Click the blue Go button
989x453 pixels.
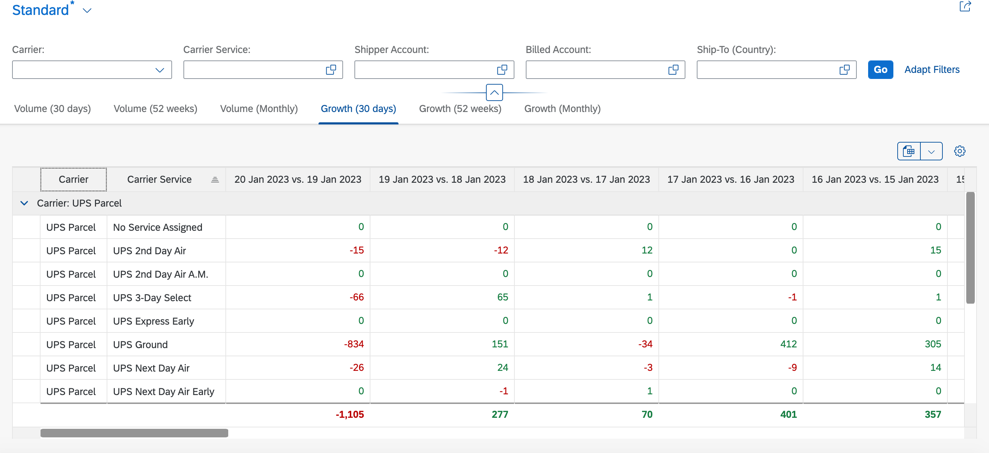pos(880,69)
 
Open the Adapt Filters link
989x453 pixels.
pos(932,69)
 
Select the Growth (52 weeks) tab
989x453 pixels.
pos(460,109)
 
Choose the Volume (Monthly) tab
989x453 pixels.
pos(259,109)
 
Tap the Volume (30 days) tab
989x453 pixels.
pos(53,109)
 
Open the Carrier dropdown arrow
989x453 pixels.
pos(160,70)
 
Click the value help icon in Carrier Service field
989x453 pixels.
pos(331,69)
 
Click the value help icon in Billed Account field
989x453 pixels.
pos(673,69)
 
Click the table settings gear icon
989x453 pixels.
pos(959,151)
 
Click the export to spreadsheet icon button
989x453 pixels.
pos(909,151)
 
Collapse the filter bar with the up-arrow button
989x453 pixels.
pos(494,92)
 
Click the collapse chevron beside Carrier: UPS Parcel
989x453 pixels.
pos(24,203)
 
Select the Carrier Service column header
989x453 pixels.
pos(159,179)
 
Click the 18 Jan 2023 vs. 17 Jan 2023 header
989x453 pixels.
pos(586,179)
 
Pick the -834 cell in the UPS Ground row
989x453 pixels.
pos(354,344)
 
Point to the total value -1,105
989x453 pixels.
pos(349,414)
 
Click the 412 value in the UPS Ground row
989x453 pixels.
pos(788,344)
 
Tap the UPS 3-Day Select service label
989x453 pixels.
pos(152,298)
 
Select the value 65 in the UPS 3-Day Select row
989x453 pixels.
pos(503,297)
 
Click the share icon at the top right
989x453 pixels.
pos(965,6)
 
